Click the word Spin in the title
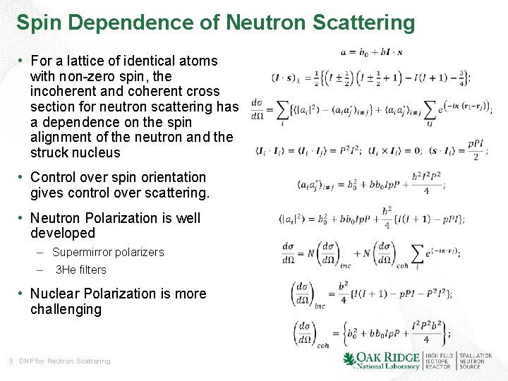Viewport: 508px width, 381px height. (40, 23)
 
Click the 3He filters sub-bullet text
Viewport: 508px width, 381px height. (80, 270)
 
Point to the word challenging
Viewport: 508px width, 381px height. (66, 309)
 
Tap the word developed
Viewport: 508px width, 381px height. (62, 233)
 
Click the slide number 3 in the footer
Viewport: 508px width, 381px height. (11, 361)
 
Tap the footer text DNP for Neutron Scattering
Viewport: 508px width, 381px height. (65, 361)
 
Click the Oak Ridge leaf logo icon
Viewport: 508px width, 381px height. (349, 360)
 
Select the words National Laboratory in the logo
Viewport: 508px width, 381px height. (386, 366)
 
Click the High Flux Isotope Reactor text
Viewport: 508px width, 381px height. (439, 361)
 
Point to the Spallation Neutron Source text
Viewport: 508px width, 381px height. (476, 361)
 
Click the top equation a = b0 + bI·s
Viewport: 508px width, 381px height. (371, 52)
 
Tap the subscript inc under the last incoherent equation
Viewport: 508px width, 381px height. (320, 306)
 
